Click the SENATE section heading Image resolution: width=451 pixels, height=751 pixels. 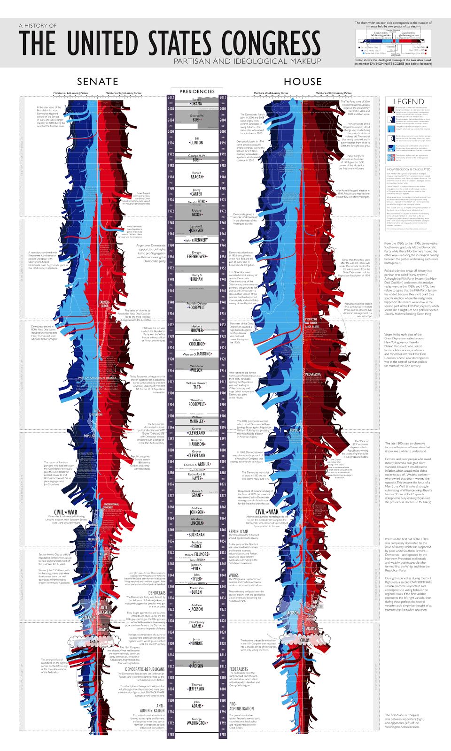pos(98,82)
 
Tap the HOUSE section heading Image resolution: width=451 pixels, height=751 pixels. pos(303,82)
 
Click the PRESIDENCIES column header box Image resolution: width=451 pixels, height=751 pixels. pos(197,92)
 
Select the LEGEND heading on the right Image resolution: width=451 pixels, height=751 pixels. pos(408,102)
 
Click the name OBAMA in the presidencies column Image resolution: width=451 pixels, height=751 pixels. pos(197,104)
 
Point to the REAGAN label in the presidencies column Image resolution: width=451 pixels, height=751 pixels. pos(197,177)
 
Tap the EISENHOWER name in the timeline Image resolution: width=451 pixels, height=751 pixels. pos(197,257)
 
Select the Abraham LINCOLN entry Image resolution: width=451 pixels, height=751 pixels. pos(197,523)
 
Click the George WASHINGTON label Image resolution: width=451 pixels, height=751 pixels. pos(197,723)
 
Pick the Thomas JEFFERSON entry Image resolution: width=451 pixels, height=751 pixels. pos(197,689)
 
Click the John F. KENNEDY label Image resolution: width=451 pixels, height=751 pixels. pos(197,240)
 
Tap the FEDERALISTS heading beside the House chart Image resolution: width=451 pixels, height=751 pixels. pos(239,669)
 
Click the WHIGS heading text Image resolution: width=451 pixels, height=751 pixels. pos(233,575)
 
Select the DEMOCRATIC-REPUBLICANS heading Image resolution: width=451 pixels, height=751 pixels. pos(145,669)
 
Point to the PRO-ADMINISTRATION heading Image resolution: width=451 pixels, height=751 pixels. pos(241,706)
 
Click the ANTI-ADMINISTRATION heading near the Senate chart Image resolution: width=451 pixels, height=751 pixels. pos(153,708)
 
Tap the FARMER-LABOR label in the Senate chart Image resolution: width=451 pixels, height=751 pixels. pos(104,304)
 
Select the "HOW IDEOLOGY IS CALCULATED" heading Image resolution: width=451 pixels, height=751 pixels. pos(408,169)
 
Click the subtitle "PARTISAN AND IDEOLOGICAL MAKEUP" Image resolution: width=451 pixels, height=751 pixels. pos(248,61)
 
